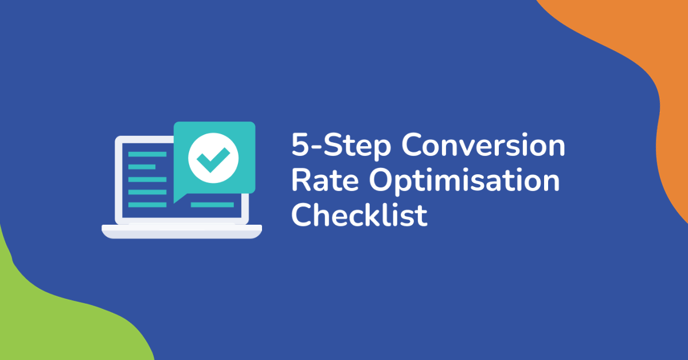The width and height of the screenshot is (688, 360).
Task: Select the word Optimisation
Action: (x=464, y=182)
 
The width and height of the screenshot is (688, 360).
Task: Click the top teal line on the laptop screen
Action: (x=147, y=154)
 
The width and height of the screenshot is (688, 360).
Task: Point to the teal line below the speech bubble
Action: (x=212, y=205)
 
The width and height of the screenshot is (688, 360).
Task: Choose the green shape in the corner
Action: (x=52, y=321)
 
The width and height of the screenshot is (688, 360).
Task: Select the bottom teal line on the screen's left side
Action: (x=147, y=205)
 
